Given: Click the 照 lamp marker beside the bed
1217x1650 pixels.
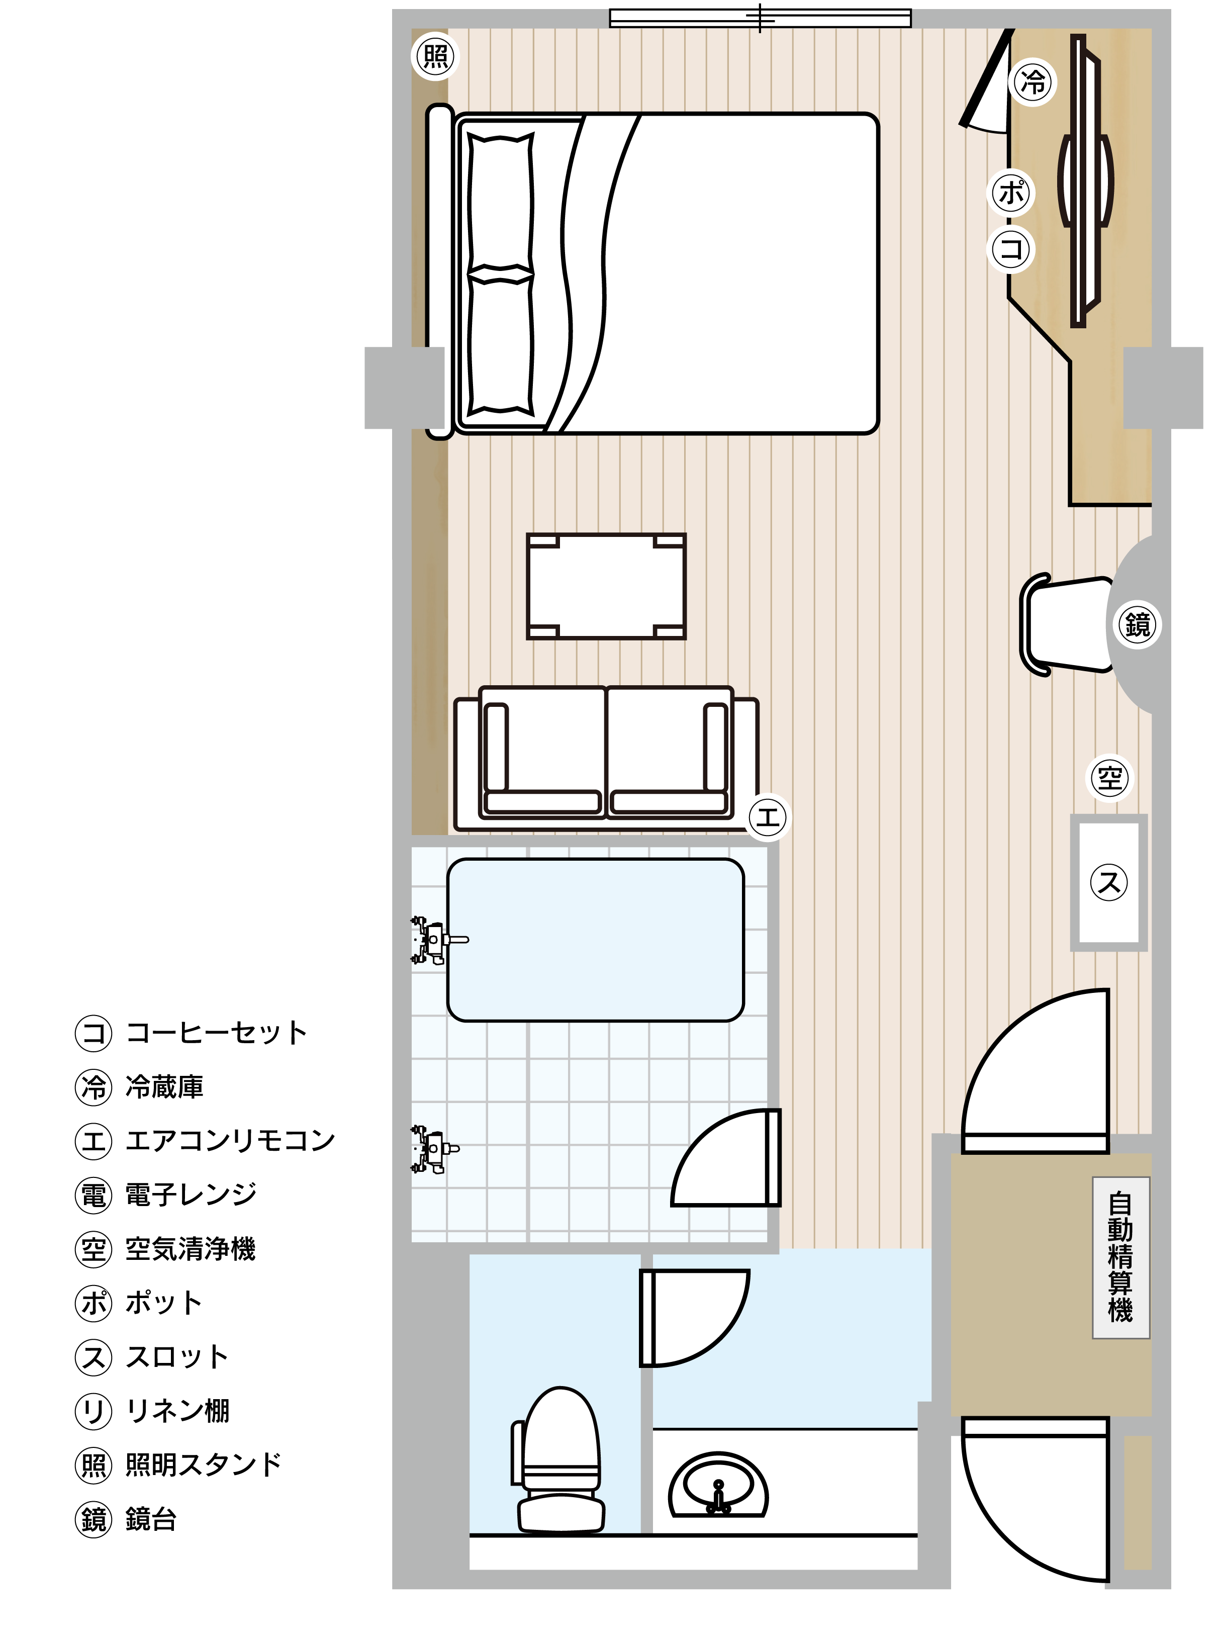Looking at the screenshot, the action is click(435, 56).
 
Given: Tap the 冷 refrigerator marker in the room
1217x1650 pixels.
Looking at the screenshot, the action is click(1034, 82).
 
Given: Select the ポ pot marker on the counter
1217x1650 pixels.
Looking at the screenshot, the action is click(1011, 193).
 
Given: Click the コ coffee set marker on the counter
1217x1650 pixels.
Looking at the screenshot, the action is click(1011, 249).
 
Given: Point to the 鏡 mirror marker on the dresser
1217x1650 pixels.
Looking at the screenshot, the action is click(1138, 624).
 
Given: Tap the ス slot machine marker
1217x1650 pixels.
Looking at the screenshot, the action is click(1109, 882).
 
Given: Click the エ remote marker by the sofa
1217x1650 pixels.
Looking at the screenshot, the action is click(768, 817).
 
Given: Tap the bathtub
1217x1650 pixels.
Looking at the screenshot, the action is click(595, 940).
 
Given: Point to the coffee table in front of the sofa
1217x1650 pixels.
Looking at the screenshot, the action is click(606, 586).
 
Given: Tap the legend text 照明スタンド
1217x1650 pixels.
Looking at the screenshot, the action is click(203, 1465).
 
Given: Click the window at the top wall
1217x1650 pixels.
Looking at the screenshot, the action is click(760, 18).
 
